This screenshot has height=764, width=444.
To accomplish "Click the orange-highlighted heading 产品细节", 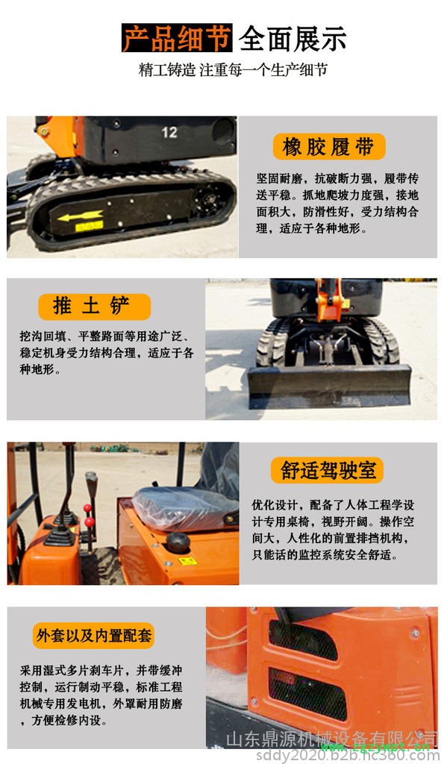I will (177, 38).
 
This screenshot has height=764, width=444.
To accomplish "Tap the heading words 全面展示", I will (292, 38).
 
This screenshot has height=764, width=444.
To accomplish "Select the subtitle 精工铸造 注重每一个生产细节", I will (233, 70).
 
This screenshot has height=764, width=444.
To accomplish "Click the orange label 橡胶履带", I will (328, 147).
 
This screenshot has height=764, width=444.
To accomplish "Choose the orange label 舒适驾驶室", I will (327, 470).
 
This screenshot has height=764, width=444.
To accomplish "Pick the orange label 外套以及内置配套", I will (94, 636).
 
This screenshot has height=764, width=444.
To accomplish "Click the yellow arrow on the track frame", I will (81, 217).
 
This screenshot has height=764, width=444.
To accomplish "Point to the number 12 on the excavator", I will (169, 132).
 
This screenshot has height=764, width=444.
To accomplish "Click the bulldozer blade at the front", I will (328, 385).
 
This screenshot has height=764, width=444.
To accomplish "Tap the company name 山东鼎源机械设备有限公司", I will (328, 739).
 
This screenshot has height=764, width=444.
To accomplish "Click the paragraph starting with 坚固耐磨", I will (337, 204).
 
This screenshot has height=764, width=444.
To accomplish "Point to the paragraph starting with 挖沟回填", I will (105, 353).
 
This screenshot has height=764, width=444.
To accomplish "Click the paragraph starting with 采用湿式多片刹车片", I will (101, 695).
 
